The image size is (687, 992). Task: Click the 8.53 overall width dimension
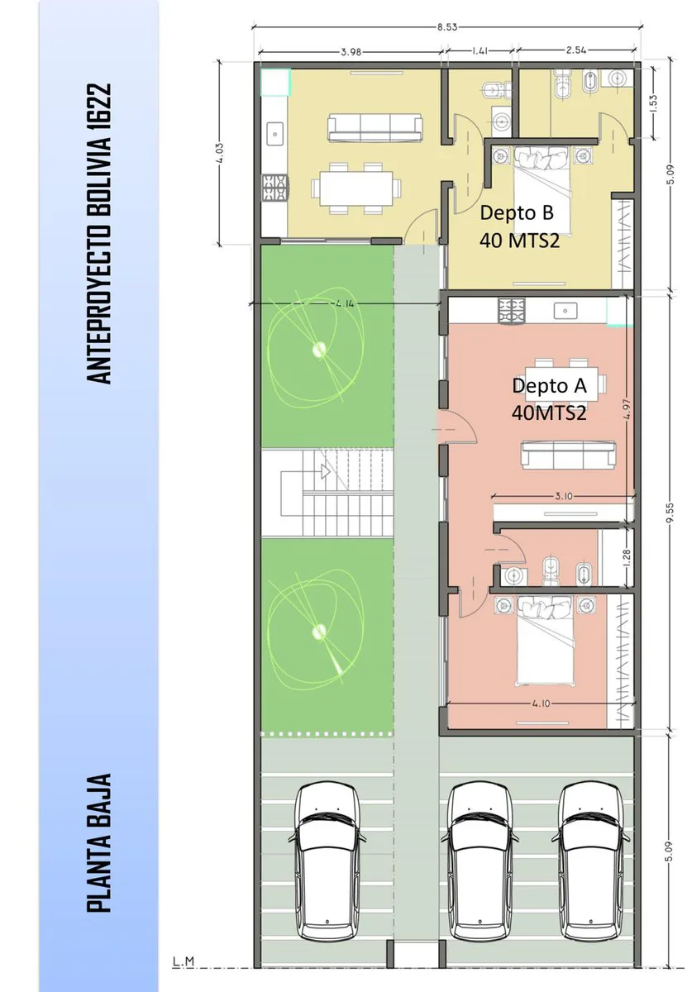pos(447,27)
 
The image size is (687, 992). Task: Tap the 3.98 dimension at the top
pos(351,52)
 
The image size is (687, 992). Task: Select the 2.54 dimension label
pos(576,50)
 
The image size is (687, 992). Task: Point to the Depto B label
pos(517,212)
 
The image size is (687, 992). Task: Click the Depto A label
pos(549,385)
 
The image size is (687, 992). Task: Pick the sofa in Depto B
pos(375,127)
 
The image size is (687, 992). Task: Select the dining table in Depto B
pos(356,188)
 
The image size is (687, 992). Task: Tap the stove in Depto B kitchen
pos(275,188)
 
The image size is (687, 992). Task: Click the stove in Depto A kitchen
pos(512,310)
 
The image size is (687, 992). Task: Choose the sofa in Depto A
pos(568,455)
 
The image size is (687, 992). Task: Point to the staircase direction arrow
pos(326,471)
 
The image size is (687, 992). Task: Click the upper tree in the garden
pos(317,348)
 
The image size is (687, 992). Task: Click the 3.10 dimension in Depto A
pos(564,496)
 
